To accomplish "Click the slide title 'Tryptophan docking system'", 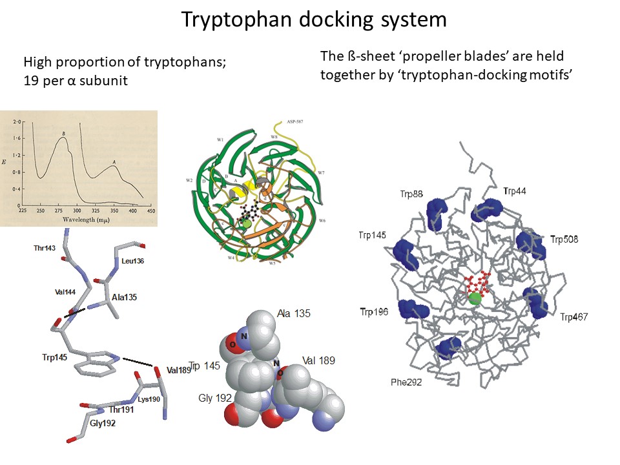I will coord(314,19).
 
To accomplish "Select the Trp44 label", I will coord(515,191).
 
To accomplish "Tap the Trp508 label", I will coord(564,240).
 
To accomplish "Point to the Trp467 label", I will coord(575,316).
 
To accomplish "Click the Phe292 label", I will coord(406,382).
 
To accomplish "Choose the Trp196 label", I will coord(374,312).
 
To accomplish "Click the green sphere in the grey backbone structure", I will coord(475,298).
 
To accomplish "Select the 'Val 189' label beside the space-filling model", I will coord(318,360).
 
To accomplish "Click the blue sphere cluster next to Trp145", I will coord(404,250).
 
